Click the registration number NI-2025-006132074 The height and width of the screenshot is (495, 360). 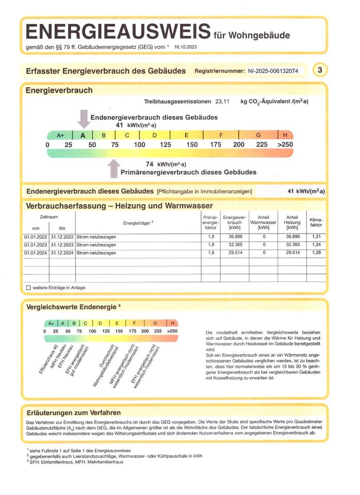click(273, 71)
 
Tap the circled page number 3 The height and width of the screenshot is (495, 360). click(320, 70)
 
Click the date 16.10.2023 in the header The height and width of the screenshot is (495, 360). click(185, 47)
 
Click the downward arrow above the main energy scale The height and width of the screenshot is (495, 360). click(83, 118)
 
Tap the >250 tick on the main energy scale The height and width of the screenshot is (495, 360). click(285, 144)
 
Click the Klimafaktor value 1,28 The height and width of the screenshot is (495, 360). click(316, 253)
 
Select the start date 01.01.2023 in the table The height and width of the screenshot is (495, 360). click(35, 244)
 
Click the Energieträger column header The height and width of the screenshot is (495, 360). click(138, 223)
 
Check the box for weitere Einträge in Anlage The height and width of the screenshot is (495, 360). click(28, 287)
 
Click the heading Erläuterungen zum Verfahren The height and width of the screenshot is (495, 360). click(73, 412)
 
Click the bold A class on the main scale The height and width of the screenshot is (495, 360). click(83, 136)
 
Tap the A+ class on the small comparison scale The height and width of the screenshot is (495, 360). click(51, 323)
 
